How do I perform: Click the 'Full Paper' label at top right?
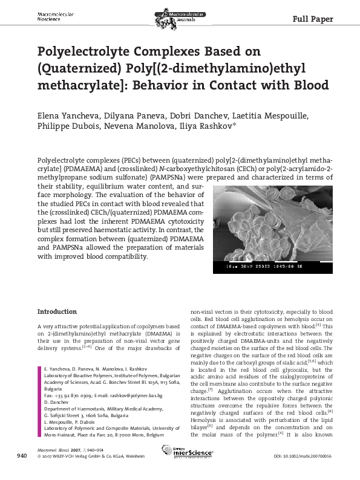coord(313,19)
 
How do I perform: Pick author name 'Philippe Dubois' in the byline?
coord(65,128)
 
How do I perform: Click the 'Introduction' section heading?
coord(57,312)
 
